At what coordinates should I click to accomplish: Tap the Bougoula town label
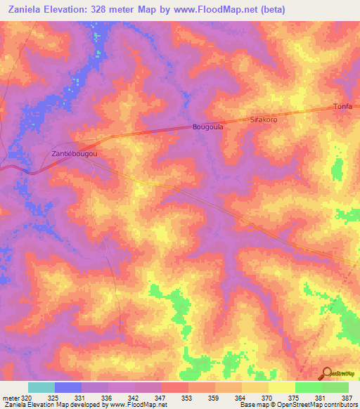(207, 127)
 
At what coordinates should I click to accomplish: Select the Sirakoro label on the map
(264, 120)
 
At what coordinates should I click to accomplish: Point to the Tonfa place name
(342, 107)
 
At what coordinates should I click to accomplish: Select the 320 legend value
(27, 398)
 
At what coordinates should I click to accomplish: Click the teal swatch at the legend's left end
(41, 387)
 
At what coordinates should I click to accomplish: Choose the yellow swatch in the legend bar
(281, 387)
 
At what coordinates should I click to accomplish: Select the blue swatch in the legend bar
(68, 387)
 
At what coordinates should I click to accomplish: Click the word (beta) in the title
(272, 10)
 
